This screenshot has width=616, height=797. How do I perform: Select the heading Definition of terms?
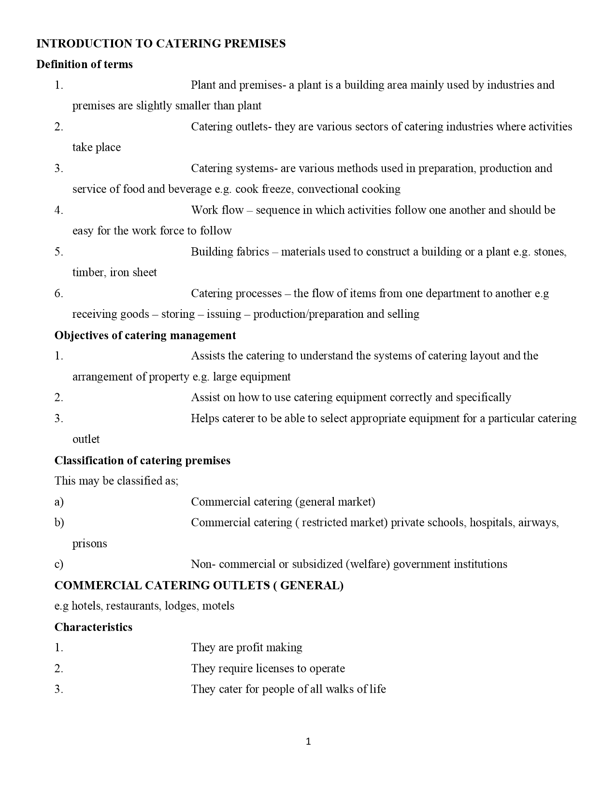(x=85, y=65)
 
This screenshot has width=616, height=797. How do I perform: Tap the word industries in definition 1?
(x=510, y=85)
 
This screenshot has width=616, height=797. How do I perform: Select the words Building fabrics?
(x=229, y=252)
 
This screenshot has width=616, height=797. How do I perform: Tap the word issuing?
(x=224, y=314)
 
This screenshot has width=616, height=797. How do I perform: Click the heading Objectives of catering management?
(x=145, y=335)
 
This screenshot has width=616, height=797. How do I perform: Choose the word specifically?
(x=483, y=398)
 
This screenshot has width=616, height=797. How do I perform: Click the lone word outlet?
(x=86, y=440)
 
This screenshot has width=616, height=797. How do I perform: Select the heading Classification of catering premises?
(x=142, y=460)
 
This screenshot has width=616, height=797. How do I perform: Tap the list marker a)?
(x=59, y=502)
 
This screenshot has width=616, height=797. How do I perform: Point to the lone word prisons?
(x=89, y=544)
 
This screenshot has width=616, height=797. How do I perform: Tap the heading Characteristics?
(x=93, y=627)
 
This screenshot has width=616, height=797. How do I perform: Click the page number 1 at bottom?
(x=308, y=741)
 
